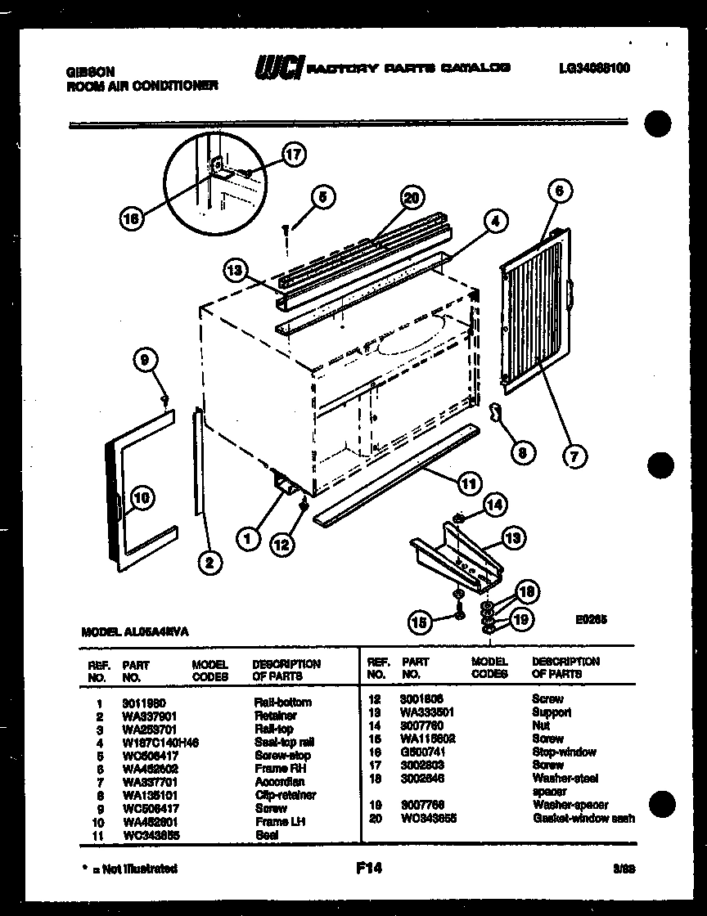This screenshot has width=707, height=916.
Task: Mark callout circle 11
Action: pyautogui.click(x=468, y=483)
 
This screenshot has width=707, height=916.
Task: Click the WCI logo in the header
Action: pyautogui.click(x=279, y=68)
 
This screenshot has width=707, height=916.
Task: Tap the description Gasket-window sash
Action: pyautogui.click(x=583, y=818)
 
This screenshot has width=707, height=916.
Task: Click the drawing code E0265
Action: pyautogui.click(x=590, y=620)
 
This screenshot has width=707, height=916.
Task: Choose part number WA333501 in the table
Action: pyautogui.click(x=426, y=712)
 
